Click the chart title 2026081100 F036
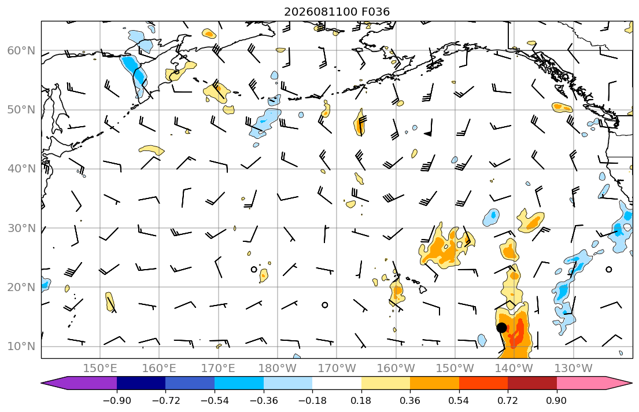pyautogui.click(x=337, y=12)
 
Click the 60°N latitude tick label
pyautogui.click(x=21, y=50)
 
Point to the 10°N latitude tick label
pyautogui.click(x=21, y=347)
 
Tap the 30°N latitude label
pyautogui.click(x=21, y=228)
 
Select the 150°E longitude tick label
pyautogui.click(x=100, y=369)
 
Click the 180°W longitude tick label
pyautogui.click(x=278, y=369)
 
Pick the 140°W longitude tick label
pyautogui.click(x=514, y=369)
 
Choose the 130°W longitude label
pyautogui.click(x=574, y=369)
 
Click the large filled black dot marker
pyautogui.click(x=502, y=328)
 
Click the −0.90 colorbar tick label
pyautogui.click(x=117, y=400)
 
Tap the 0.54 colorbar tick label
pyautogui.click(x=459, y=400)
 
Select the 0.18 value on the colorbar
pyautogui.click(x=361, y=400)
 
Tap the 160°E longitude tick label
pyautogui.click(x=159, y=369)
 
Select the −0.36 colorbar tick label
pyautogui.click(x=263, y=400)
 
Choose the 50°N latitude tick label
pyautogui.click(x=21, y=110)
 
